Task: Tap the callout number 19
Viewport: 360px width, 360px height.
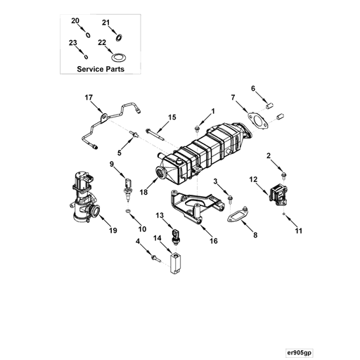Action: (x=111, y=230)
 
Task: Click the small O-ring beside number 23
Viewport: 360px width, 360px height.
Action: (x=84, y=53)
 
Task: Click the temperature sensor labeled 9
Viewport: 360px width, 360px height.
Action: (x=127, y=187)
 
